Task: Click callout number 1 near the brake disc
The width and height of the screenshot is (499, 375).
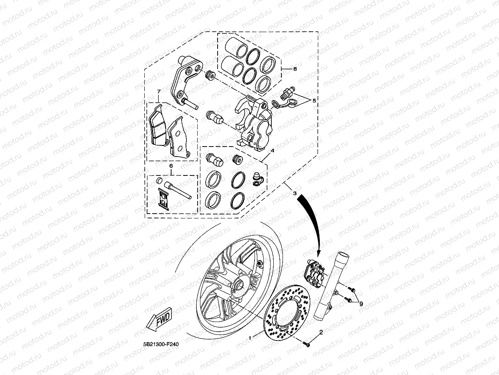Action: click(250, 338)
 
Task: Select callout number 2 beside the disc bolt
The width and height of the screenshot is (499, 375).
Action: click(321, 332)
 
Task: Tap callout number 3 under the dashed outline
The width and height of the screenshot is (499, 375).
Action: click(295, 194)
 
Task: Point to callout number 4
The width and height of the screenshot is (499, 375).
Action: click(272, 150)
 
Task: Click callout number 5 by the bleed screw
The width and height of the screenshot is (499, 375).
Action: click(314, 100)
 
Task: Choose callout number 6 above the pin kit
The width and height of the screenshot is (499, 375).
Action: click(171, 165)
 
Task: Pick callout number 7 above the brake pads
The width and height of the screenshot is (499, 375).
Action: click(158, 92)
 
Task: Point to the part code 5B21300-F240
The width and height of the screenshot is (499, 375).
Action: click(160, 344)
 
